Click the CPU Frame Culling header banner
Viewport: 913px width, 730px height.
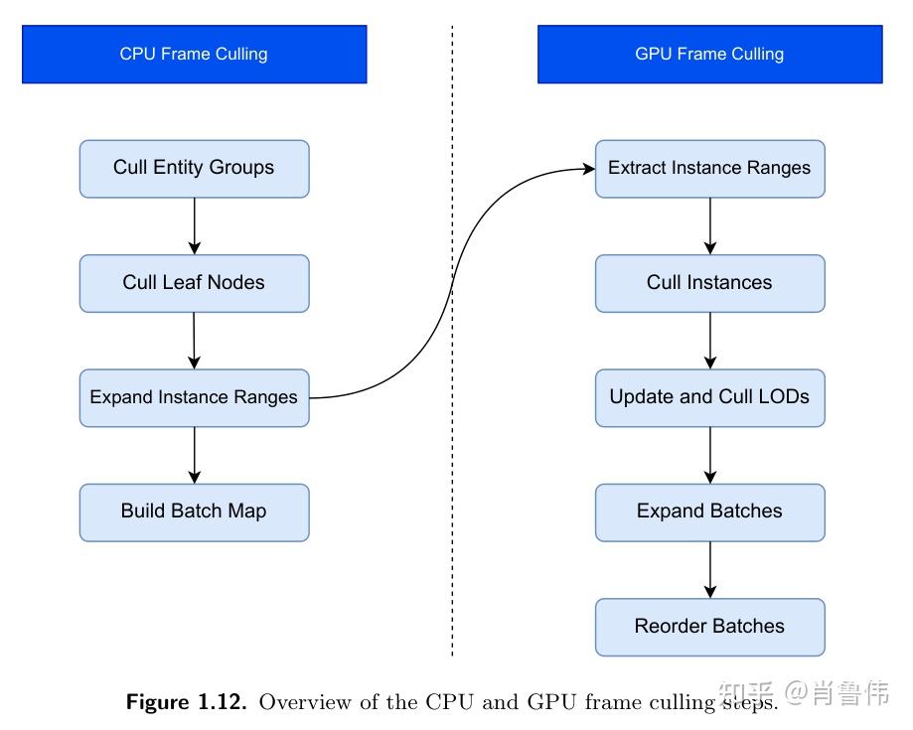pyautogui.click(x=194, y=54)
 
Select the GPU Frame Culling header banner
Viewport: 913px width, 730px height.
pyautogui.click(x=709, y=54)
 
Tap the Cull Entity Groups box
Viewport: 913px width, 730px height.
pyautogui.click(x=194, y=168)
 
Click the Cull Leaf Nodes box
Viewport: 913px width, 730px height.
pyautogui.click(x=194, y=283)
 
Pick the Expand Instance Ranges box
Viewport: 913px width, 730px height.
pyautogui.click(x=194, y=397)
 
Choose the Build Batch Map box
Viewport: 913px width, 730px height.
pyautogui.click(x=194, y=511)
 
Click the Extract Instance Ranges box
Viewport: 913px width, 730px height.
pyautogui.click(x=709, y=168)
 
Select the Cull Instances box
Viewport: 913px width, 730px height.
pyautogui.click(x=709, y=283)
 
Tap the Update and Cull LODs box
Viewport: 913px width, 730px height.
pyautogui.click(x=709, y=397)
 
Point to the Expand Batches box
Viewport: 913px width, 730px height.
pyautogui.click(x=709, y=511)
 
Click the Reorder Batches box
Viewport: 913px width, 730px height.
pyautogui.click(x=709, y=627)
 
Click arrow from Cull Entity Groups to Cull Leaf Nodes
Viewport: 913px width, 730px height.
pyautogui.click(x=194, y=225)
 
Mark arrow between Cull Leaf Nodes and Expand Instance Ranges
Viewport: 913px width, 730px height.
pyautogui.click(x=194, y=341)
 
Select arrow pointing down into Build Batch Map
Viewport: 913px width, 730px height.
pyautogui.click(x=194, y=455)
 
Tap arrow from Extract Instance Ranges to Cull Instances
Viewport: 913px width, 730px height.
pyautogui.click(x=709, y=225)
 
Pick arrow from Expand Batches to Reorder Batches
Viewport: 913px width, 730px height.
pyautogui.click(x=709, y=569)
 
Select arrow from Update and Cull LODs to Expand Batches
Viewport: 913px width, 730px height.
pyautogui.click(x=709, y=455)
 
